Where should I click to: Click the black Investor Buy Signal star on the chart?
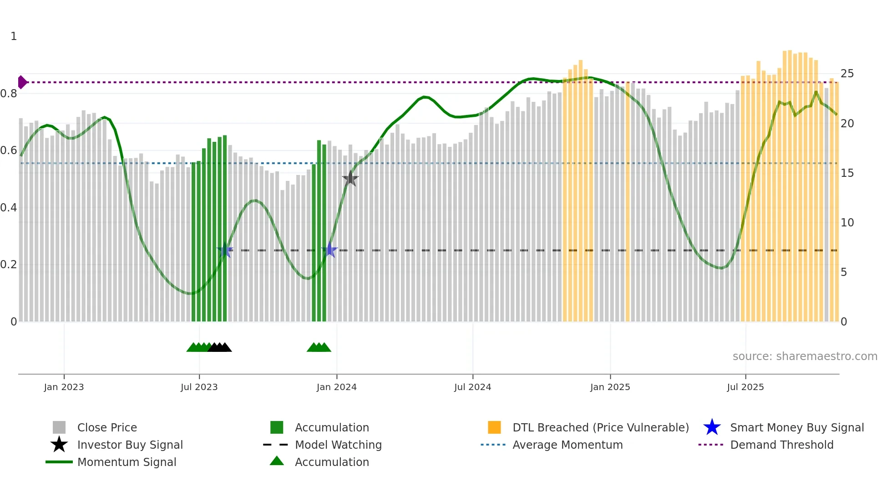tap(350, 179)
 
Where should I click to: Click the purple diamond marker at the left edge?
tap(22, 82)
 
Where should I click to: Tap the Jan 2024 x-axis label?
tap(336, 387)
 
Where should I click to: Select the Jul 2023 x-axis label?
tap(199, 387)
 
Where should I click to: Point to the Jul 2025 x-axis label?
tap(745, 387)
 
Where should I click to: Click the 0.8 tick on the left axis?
tap(9, 94)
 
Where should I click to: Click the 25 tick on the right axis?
tap(847, 74)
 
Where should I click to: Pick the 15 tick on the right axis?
tap(847, 173)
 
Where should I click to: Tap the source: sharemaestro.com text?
tap(805, 356)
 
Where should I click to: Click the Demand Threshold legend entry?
tap(781, 445)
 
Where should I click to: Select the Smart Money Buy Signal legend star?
tap(712, 427)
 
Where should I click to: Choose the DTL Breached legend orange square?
tap(494, 427)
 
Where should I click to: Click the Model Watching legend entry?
tap(338, 445)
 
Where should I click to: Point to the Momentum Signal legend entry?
tap(127, 462)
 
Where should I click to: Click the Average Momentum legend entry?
tap(567, 445)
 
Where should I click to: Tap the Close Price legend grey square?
tap(59, 427)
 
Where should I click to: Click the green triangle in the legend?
tap(277, 461)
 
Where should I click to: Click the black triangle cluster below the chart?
tap(220, 347)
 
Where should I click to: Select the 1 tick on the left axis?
tap(14, 36)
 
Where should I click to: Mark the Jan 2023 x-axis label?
tap(64, 387)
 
